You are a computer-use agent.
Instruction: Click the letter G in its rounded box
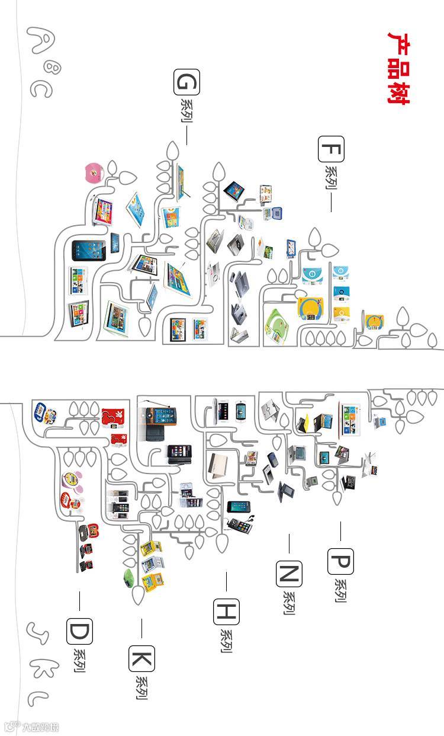[x=186, y=82]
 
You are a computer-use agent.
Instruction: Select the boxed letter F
[x=331, y=149]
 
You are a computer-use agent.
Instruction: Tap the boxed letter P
[x=340, y=561]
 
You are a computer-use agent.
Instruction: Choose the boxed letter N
[x=289, y=573]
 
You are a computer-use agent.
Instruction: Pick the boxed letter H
[x=226, y=612]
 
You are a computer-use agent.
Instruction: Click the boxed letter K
[x=141, y=658]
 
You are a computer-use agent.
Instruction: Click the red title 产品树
[x=398, y=68]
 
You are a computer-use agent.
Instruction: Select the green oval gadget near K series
[x=127, y=577]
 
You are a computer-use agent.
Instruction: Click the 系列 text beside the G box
[x=186, y=111]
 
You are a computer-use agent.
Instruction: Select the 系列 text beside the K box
[x=141, y=687]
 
